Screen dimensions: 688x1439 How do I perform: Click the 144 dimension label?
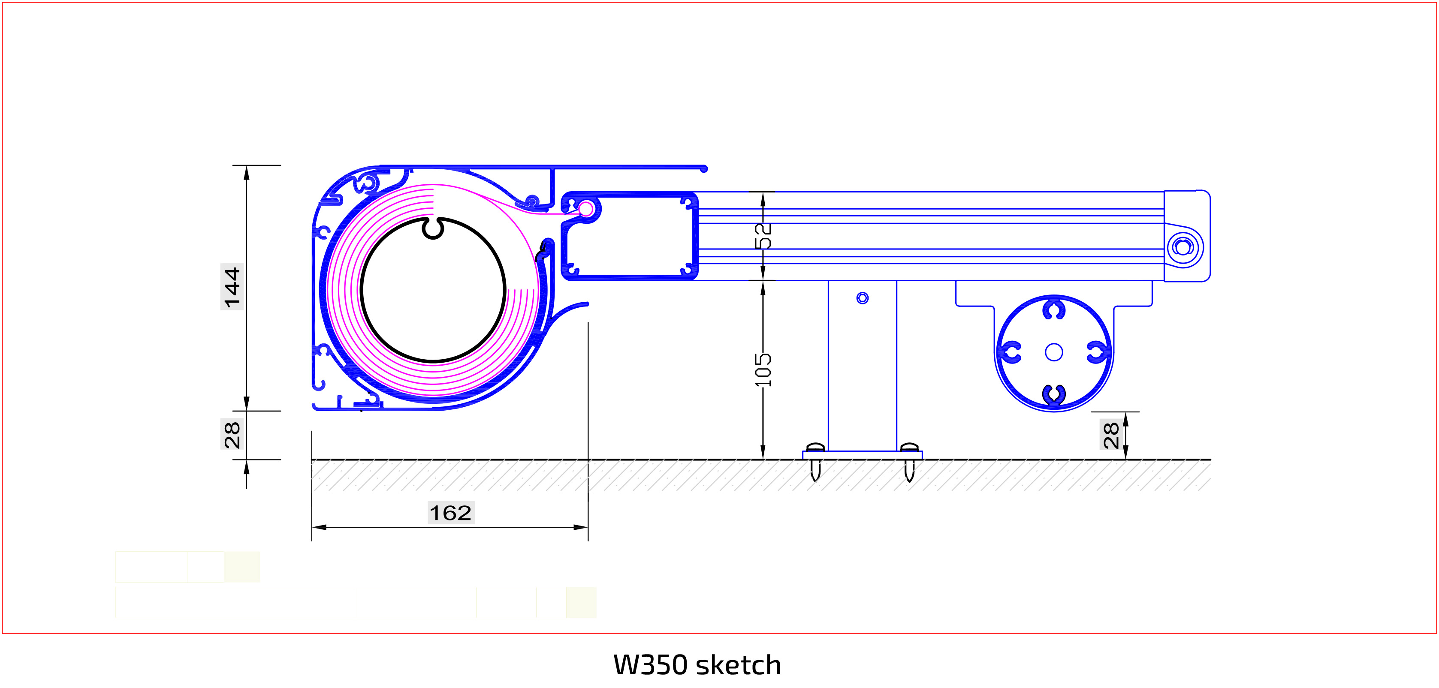point(231,287)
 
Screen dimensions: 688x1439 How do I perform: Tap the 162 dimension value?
point(450,513)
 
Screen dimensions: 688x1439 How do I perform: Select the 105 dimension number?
point(763,369)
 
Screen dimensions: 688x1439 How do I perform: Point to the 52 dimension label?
point(763,236)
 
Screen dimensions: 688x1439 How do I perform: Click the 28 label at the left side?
point(231,435)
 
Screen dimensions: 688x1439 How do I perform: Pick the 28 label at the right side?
point(1110,436)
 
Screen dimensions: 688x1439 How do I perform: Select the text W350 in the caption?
point(650,665)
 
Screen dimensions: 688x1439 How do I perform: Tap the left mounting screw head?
point(815,448)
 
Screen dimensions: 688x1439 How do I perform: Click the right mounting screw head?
point(909,448)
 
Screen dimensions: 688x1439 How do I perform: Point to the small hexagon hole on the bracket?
point(863,298)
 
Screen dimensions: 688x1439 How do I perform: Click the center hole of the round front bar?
point(1053,352)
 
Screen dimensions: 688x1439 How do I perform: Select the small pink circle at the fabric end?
point(586,209)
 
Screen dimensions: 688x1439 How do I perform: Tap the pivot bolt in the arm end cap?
point(1182,247)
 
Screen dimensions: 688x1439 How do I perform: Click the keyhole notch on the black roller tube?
point(433,228)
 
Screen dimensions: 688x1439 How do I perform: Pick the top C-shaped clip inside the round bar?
point(1053,310)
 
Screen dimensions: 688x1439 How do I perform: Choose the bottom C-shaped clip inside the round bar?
point(1053,394)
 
